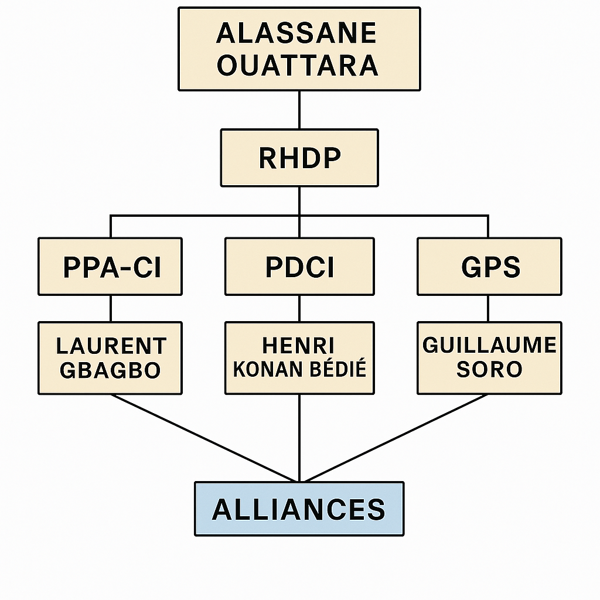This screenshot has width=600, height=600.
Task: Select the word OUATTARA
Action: click(x=298, y=65)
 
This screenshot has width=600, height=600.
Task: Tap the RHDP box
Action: click(x=299, y=158)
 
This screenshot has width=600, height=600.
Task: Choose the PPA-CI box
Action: click(x=110, y=267)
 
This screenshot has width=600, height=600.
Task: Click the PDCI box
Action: click(x=299, y=267)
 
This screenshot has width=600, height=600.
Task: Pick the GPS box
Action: click(x=489, y=267)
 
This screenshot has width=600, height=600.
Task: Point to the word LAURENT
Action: click(x=111, y=346)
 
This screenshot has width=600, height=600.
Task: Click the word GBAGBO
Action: click(x=110, y=370)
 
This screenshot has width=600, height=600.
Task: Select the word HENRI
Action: click(x=299, y=346)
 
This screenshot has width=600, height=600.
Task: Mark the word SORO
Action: click(x=489, y=370)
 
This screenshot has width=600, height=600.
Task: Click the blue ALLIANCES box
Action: click(x=299, y=509)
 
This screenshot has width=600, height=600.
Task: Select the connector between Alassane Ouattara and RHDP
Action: click(x=299, y=110)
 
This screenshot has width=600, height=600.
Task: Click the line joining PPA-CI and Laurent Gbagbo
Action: click(x=111, y=308)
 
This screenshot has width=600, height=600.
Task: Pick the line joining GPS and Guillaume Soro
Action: click(x=489, y=308)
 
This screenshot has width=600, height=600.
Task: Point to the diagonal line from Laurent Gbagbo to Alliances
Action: click(x=205, y=438)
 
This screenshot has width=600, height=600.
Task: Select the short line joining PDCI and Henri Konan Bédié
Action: click(x=299, y=308)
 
